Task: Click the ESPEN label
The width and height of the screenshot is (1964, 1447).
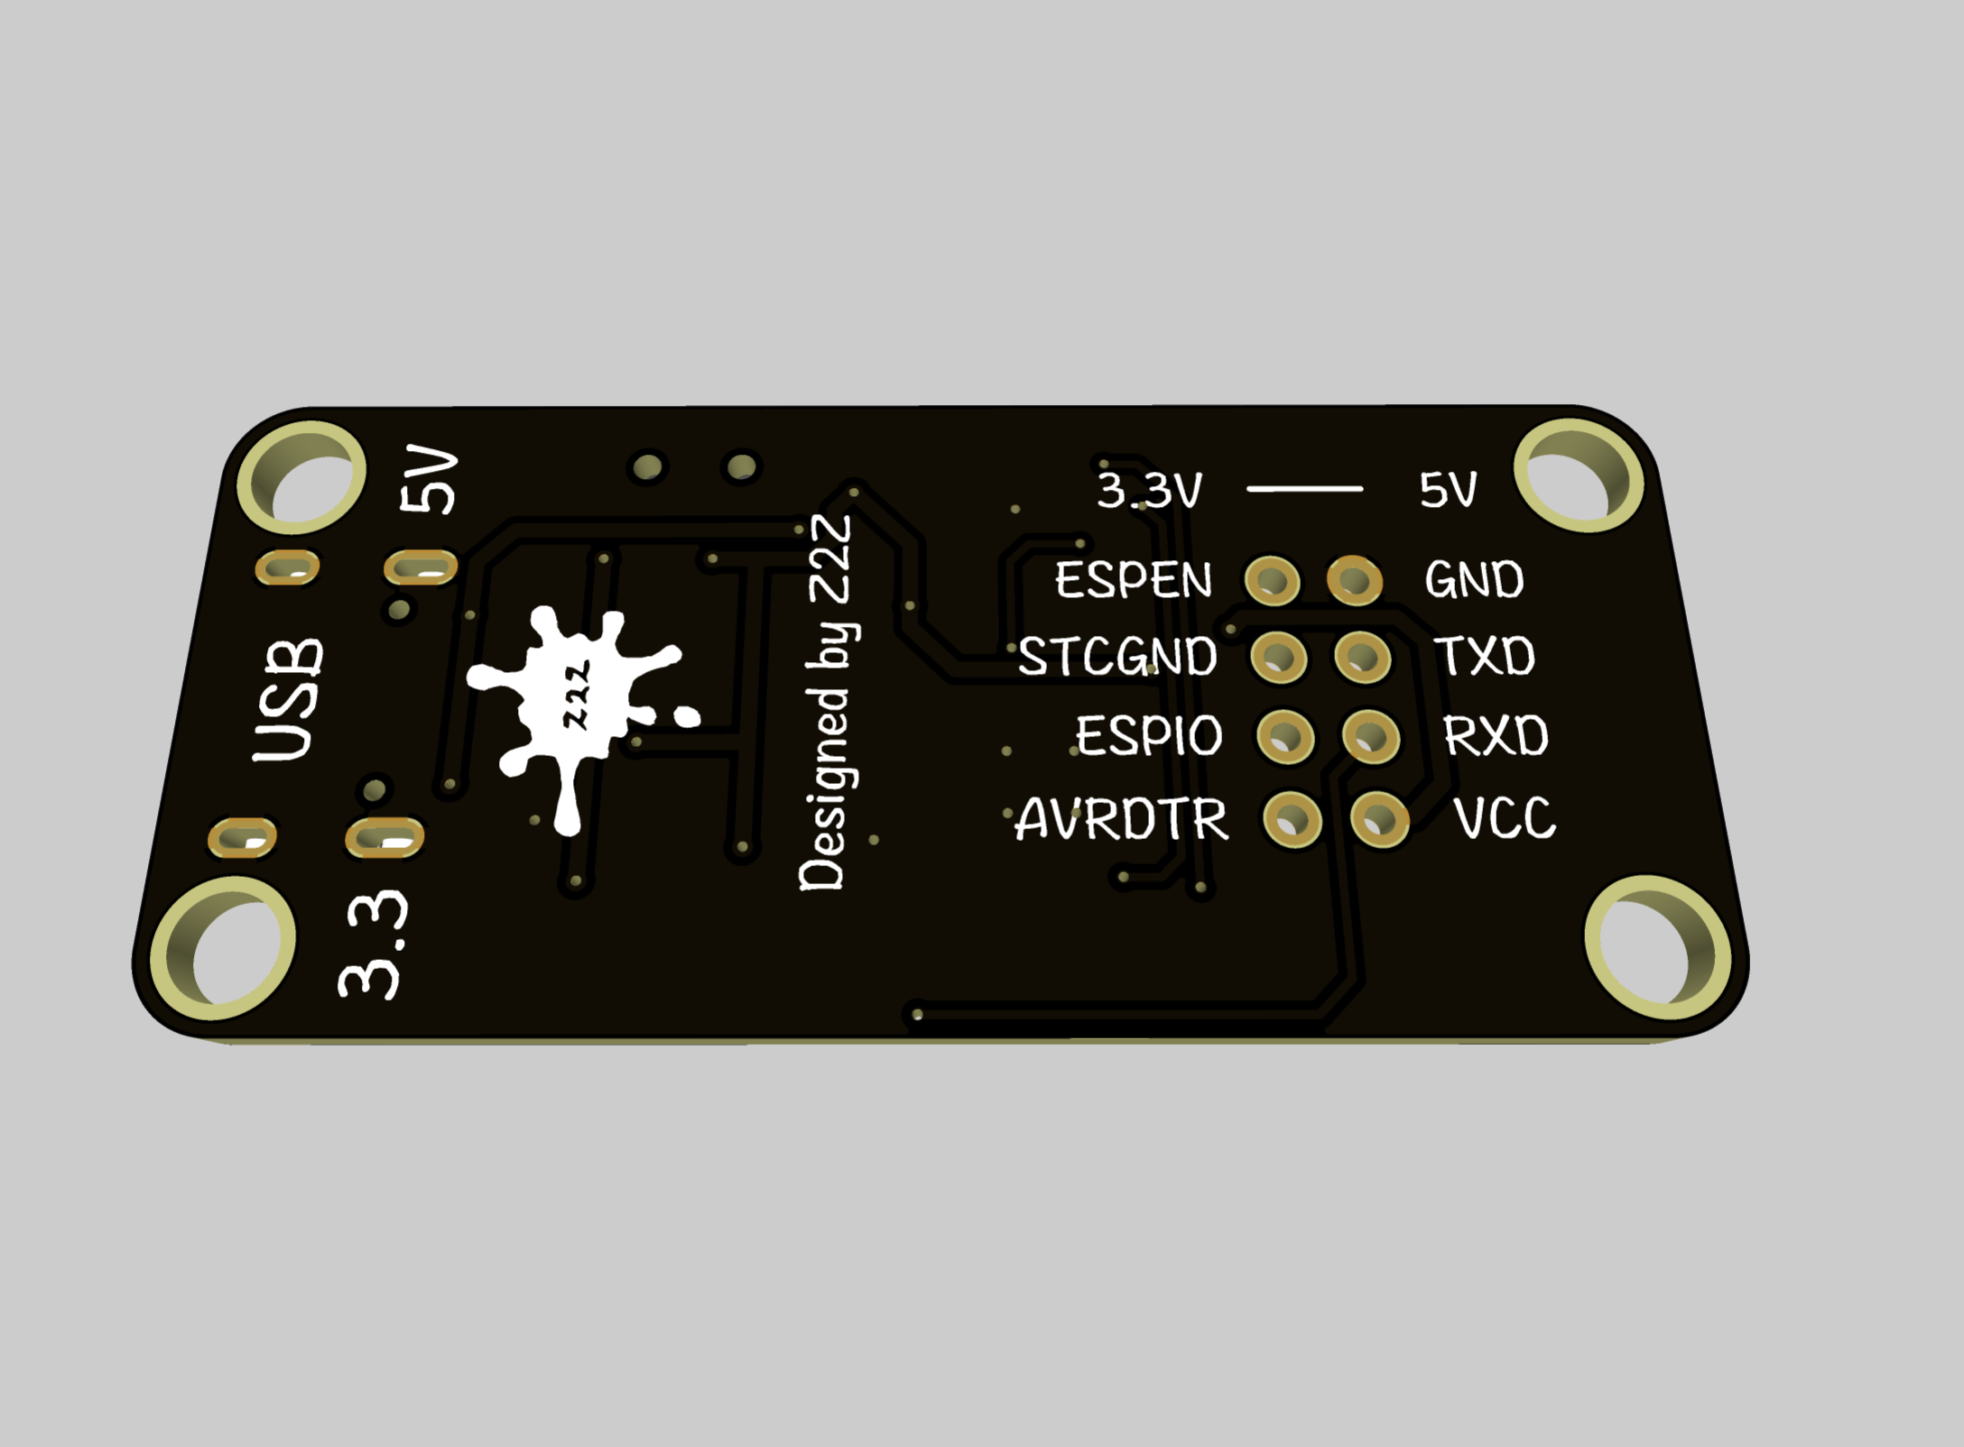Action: [1134, 580]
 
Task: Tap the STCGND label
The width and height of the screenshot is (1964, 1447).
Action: [1117, 656]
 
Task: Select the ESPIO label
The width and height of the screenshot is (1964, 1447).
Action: [1149, 735]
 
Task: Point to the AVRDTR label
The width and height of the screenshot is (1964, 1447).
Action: [1122, 819]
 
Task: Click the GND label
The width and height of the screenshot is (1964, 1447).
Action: [1474, 579]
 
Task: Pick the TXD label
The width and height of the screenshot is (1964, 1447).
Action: [1485, 656]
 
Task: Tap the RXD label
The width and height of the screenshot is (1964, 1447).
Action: [1496, 736]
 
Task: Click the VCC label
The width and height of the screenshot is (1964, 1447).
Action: [1505, 818]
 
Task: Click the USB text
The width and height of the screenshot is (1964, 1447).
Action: [288, 700]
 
